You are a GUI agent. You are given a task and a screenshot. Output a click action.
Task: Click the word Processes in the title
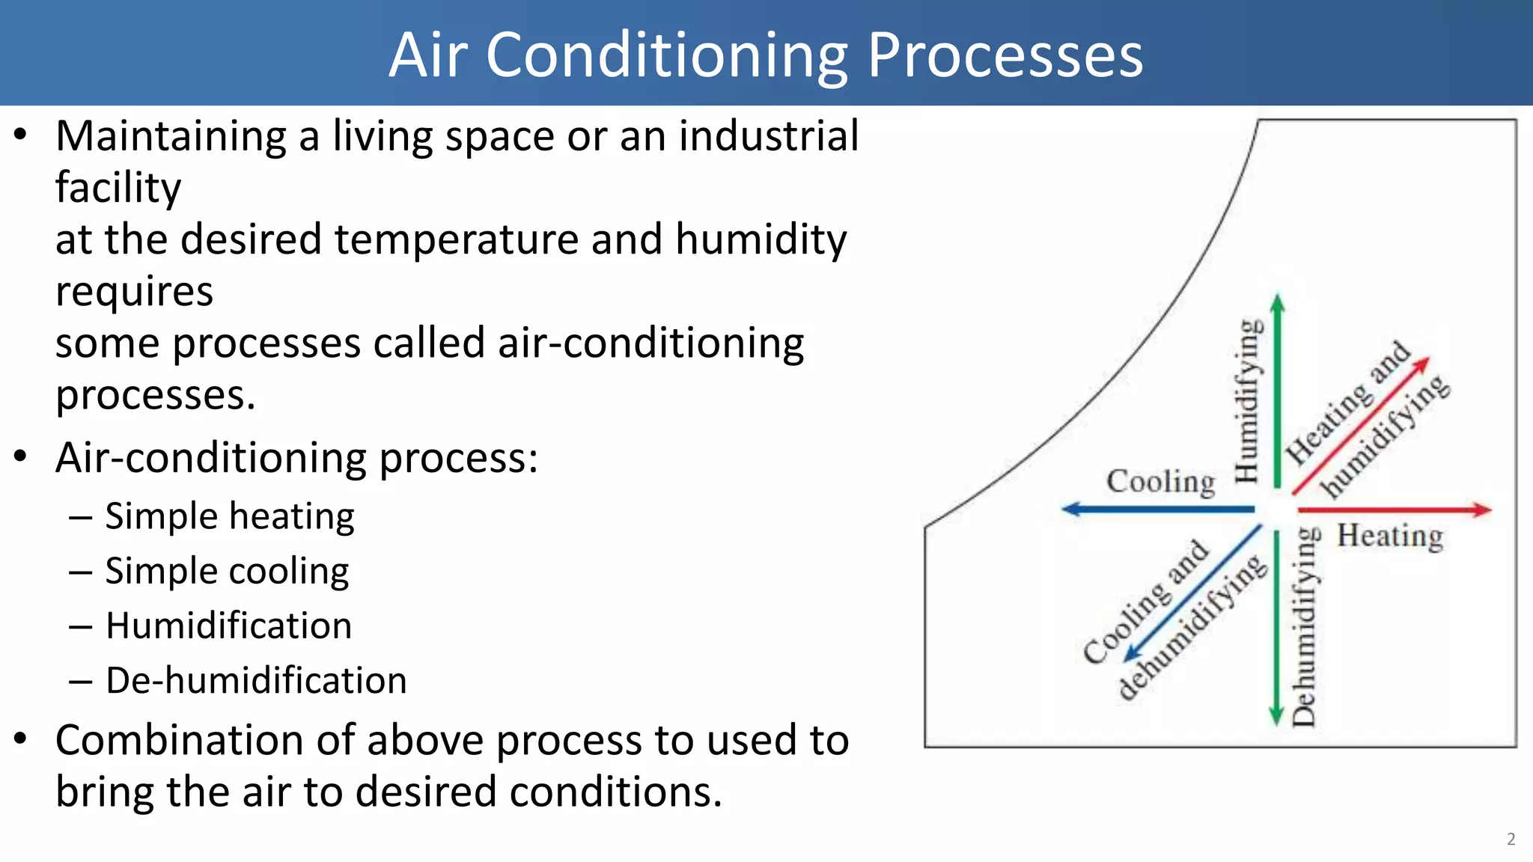1005,56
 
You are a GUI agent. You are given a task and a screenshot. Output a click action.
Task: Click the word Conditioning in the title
666,56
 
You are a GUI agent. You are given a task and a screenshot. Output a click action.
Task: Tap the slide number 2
1511,839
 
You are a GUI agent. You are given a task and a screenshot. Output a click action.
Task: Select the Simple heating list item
229,516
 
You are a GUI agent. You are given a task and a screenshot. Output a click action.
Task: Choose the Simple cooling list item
226,571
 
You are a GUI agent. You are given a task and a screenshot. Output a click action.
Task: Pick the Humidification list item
228,626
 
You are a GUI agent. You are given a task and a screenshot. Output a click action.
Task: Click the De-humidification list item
256,680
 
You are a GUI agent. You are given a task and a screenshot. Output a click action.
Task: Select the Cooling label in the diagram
1160,481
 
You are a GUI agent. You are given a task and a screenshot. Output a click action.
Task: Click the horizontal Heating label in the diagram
1390,536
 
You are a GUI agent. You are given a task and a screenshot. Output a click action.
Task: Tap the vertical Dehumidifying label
1304,626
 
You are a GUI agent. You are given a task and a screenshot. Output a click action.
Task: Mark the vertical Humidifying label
1246,401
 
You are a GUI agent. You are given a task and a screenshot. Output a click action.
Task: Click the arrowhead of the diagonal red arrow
1422,364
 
